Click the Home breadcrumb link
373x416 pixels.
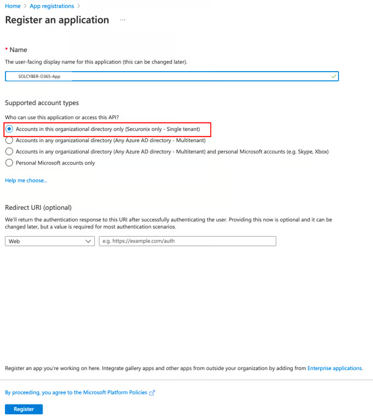pyautogui.click(x=13, y=6)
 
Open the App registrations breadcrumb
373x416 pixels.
pyautogui.click(x=52, y=6)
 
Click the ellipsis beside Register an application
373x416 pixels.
pyautogui.click(x=123, y=20)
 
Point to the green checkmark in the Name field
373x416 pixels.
pyautogui.click(x=334, y=77)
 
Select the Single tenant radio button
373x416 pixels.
pyautogui.click(x=9, y=129)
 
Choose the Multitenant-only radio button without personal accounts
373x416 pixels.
pyautogui.click(x=9, y=140)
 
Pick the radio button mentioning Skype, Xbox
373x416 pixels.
pyautogui.click(x=9, y=151)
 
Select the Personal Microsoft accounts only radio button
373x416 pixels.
pyautogui.click(x=9, y=162)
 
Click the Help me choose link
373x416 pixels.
pyautogui.click(x=26, y=180)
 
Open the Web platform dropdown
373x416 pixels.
pyautogui.click(x=49, y=241)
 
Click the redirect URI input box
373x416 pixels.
pyautogui.click(x=187, y=241)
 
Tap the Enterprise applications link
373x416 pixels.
pyautogui.click(x=335, y=368)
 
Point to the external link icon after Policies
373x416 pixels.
pyautogui.click(x=152, y=392)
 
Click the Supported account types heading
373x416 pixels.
pyautogui.click(x=42, y=103)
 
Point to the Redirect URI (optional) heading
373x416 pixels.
pyautogui.click(x=38, y=207)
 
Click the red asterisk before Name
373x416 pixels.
pyautogui.click(x=7, y=50)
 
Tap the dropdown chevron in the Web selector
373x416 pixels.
pyautogui.click(x=89, y=241)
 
